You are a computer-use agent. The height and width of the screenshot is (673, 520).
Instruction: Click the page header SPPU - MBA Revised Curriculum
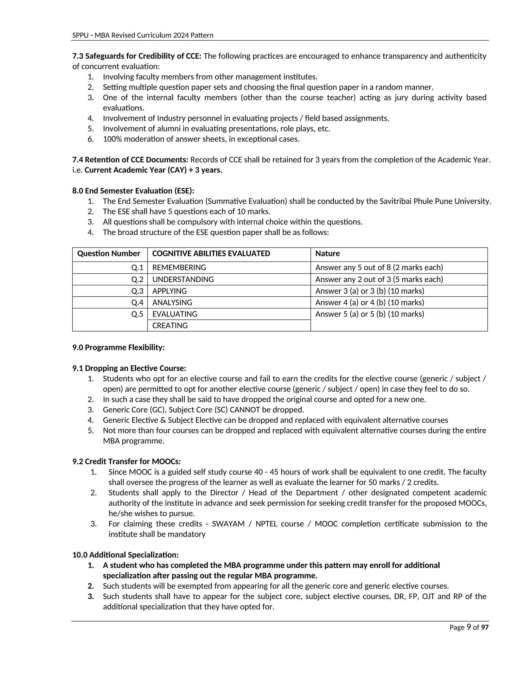point(143,35)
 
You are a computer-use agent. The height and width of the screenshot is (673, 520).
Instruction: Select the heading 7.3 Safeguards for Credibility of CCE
point(137,56)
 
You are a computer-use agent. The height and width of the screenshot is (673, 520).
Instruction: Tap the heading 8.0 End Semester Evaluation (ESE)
point(133,191)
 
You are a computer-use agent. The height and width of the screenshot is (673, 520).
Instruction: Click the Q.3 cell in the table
point(137,291)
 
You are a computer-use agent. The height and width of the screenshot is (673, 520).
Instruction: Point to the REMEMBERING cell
point(179,267)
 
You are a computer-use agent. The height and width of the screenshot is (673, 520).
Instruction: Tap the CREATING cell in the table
point(170,325)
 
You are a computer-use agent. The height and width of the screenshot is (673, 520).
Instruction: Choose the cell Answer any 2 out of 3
point(379,279)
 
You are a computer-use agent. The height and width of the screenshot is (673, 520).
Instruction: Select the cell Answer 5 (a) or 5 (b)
point(369,314)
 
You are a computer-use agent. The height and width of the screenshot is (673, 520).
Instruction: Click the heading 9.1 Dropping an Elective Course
point(129,368)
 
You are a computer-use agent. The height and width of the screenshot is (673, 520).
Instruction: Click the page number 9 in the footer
point(468,627)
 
